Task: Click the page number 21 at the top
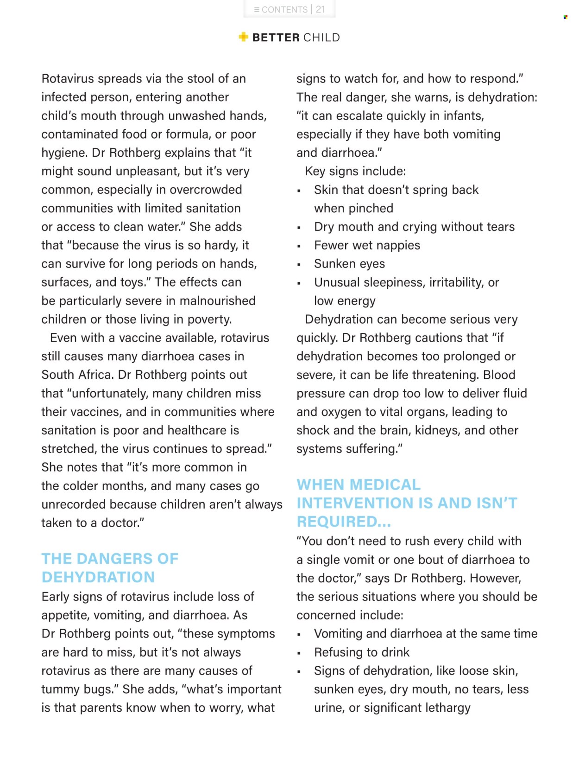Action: tap(320, 9)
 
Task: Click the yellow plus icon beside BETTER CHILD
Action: tap(244, 37)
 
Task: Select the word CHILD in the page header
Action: tap(321, 38)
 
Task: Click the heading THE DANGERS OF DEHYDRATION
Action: tap(110, 568)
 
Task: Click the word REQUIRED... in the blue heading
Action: tap(344, 522)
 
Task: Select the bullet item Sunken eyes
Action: tap(349, 264)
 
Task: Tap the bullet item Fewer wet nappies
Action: tap(367, 245)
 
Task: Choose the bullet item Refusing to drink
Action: tap(361, 652)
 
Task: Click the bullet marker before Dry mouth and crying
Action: tap(299, 228)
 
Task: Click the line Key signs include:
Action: tap(355, 172)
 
